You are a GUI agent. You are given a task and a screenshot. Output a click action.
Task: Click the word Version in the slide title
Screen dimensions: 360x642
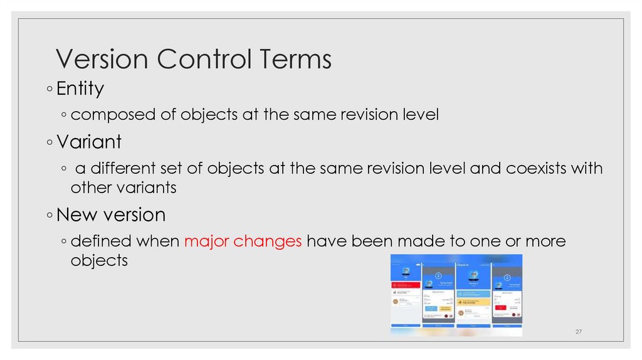point(101,60)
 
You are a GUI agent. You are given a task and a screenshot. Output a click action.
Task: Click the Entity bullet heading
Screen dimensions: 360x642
point(80,89)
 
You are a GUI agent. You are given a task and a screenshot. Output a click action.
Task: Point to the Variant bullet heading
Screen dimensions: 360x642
point(88,142)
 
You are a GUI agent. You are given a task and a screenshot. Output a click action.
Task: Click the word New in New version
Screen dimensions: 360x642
point(73,215)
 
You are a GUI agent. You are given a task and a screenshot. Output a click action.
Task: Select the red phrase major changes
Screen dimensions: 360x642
point(243,241)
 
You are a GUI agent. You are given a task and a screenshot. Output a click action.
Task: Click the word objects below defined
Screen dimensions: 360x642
point(99,260)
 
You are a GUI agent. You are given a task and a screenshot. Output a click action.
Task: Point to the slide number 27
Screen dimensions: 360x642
point(579,331)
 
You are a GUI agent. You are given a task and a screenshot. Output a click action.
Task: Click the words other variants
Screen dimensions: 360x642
point(124,188)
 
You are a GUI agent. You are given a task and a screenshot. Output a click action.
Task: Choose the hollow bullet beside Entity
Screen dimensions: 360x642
point(50,90)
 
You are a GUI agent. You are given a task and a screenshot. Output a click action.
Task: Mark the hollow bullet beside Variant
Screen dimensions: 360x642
point(50,142)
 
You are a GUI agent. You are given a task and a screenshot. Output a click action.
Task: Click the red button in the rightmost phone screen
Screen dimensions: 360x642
point(501,307)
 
